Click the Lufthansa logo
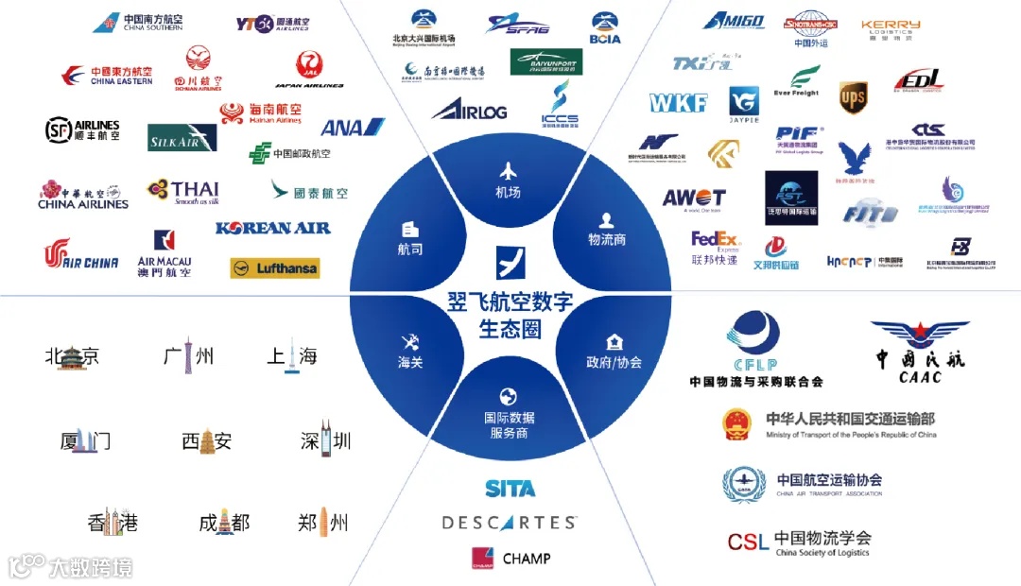pyautogui.click(x=275, y=268)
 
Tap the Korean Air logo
pyautogui.click(x=273, y=228)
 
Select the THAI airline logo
pyautogui.click(x=183, y=191)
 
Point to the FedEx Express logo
pyautogui.click(x=716, y=245)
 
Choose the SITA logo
pyautogui.click(x=510, y=489)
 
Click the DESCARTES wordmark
pyautogui.click(x=509, y=523)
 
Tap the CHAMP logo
pyautogui.click(x=510, y=559)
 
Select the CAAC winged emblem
pyautogui.click(x=920, y=345)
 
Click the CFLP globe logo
pyautogui.click(x=754, y=343)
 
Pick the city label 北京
pyautogui.click(x=72, y=356)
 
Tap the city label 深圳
pyautogui.click(x=325, y=440)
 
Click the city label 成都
pyautogui.click(x=224, y=523)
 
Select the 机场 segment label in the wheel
pyautogui.click(x=509, y=181)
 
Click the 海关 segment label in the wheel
pyautogui.click(x=410, y=350)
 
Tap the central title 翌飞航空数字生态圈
pyautogui.click(x=510, y=316)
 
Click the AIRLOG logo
pyautogui.click(x=470, y=109)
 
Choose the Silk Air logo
pyautogui.click(x=182, y=138)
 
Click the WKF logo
pyautogui.click(x=679, y=102)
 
